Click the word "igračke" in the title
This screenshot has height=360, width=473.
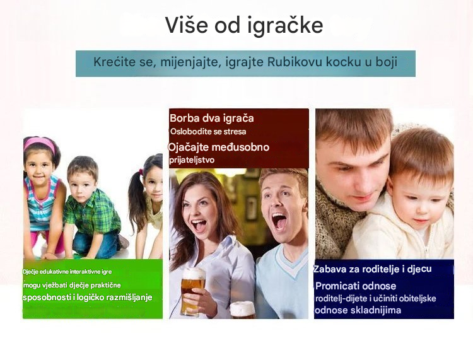pos(285,25)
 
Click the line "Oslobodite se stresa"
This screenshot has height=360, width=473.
pos(208,132)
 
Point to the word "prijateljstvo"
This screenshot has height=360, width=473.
pos(192,160)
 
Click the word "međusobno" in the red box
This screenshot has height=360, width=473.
pos(240,147)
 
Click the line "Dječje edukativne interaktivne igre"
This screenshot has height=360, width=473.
pos(67,272)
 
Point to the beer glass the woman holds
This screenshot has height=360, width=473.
pos(193,291)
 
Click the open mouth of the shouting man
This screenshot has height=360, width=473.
pos(279,221)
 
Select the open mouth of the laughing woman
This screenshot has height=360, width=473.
pos(199,225)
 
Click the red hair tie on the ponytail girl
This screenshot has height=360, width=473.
pos(141,173)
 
